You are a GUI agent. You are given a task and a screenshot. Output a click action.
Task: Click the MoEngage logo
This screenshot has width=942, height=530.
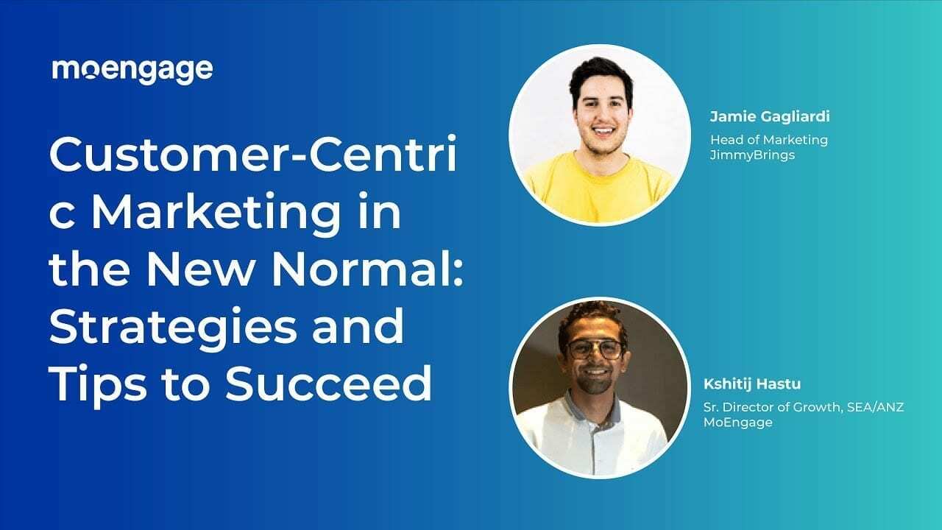(132, 70)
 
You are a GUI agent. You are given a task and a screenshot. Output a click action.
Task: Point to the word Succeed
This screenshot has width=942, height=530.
(328, 384)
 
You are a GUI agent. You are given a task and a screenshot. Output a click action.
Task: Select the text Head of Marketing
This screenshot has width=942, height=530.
(768, 139)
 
